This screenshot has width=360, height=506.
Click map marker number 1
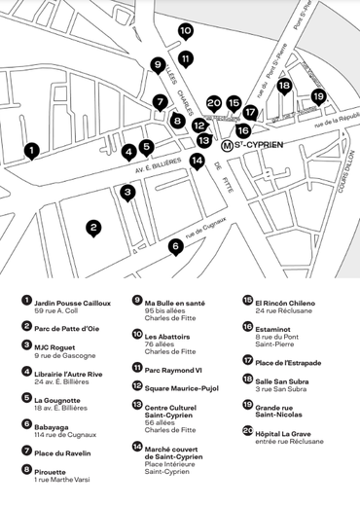pyautogui.click(x=32, y=151)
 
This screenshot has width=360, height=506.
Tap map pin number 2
pyautogui.click(x=93, y=229)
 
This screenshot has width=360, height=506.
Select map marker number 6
pyautogui.click(x=175, y=246)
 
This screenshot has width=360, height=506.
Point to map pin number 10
pyautogui.click(x=186, y=31)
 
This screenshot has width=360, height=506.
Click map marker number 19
pyautogui.click(x=318, y=96)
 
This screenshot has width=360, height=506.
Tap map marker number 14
pyautogui.click(x=198, y=161)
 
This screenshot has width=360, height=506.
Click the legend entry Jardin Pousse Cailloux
pyautogui.click(x=72, y=303)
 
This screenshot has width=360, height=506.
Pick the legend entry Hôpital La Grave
pyautogui.click(x=287, y=431)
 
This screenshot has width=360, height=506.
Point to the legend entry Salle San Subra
pyautogui.click(x=282, y=383)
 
